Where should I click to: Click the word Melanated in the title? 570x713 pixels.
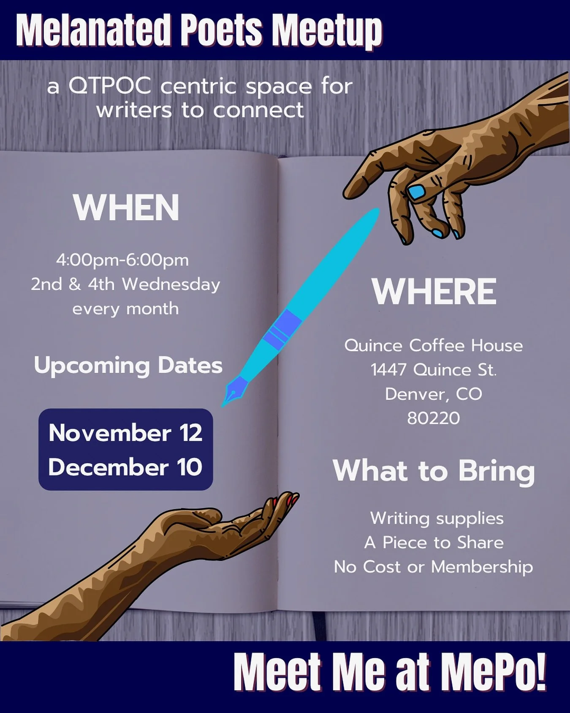92,30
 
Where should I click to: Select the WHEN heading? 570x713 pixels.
126,208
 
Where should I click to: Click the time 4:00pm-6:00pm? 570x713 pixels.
122,260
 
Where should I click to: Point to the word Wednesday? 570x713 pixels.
171,284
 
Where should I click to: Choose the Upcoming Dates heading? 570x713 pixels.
128,365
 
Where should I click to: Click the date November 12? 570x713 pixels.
125,433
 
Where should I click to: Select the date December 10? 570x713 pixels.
125,467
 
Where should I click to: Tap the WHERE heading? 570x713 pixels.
434,291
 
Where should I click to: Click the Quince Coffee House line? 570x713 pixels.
434,346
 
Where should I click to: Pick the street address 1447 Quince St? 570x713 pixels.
434,370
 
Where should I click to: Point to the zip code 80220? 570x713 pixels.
434,418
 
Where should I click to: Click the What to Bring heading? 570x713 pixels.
434,470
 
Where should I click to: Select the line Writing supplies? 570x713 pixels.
437,518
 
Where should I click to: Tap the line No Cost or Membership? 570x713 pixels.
434,567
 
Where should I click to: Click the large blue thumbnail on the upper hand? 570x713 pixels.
416,192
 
